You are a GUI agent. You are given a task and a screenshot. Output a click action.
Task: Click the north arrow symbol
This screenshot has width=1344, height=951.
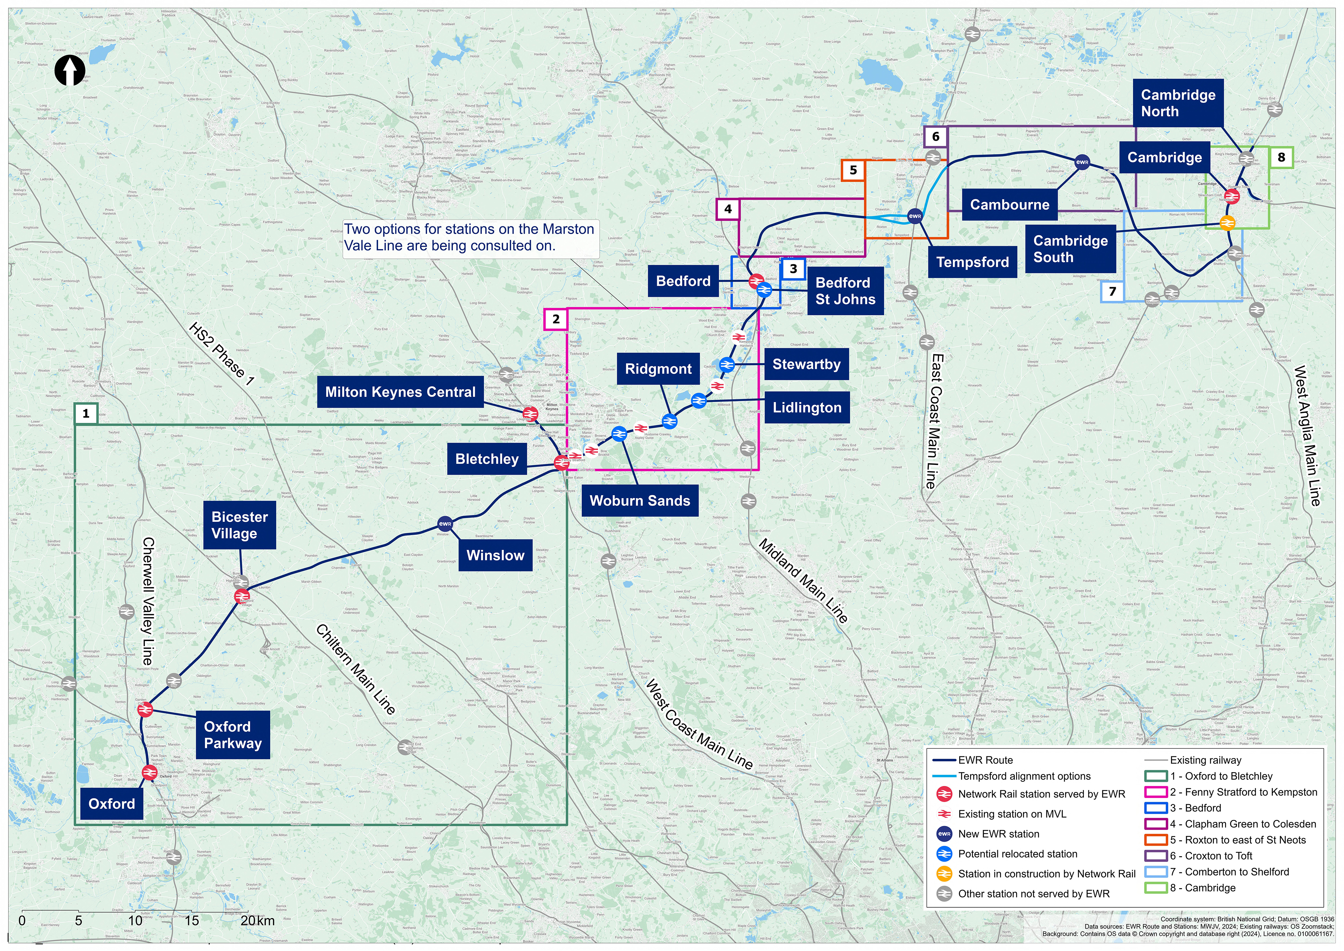(70, 71)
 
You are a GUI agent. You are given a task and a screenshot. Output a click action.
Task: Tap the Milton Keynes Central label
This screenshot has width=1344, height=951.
(401, 392)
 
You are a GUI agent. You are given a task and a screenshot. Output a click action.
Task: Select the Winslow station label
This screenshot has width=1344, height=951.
(495, 555)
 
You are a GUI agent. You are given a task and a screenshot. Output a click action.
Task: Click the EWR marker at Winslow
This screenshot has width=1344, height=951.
(445, 523)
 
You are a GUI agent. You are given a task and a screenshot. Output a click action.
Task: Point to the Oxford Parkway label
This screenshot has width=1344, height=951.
(233, 735)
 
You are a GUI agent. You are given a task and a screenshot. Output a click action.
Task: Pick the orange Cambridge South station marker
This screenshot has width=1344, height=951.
(1227, 223)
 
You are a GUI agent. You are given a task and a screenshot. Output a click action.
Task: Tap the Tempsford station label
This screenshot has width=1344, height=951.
(972, 262)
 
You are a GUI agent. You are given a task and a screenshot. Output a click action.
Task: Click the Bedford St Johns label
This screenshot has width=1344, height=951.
(845, 291)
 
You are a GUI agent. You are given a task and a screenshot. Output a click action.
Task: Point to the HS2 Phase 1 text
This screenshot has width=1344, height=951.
(221, 354)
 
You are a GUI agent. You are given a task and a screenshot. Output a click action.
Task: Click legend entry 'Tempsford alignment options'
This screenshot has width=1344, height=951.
(1024, 776)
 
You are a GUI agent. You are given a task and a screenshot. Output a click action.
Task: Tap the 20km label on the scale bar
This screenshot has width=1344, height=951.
(258, 920)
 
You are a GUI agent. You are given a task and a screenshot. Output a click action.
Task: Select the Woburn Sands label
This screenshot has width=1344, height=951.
(640, 501)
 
